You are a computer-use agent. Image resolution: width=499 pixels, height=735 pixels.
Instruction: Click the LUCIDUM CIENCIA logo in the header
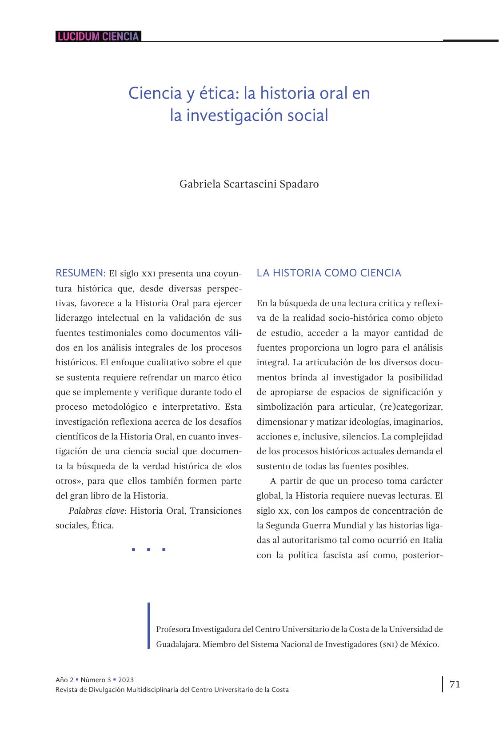98,36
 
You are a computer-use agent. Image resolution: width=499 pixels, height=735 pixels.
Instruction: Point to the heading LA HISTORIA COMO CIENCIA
329,273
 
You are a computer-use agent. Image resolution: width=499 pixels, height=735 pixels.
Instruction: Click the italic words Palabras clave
96,511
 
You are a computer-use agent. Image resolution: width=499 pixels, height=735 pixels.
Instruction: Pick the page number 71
455,684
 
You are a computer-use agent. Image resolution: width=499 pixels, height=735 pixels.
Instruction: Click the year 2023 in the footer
126,680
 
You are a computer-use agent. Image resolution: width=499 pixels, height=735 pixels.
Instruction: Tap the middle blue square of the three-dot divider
148,550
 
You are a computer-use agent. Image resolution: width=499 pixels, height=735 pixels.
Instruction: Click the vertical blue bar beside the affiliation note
149,626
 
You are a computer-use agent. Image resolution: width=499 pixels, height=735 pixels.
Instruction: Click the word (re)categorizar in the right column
411,407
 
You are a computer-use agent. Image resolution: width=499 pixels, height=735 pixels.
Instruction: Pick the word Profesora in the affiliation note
173,629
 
